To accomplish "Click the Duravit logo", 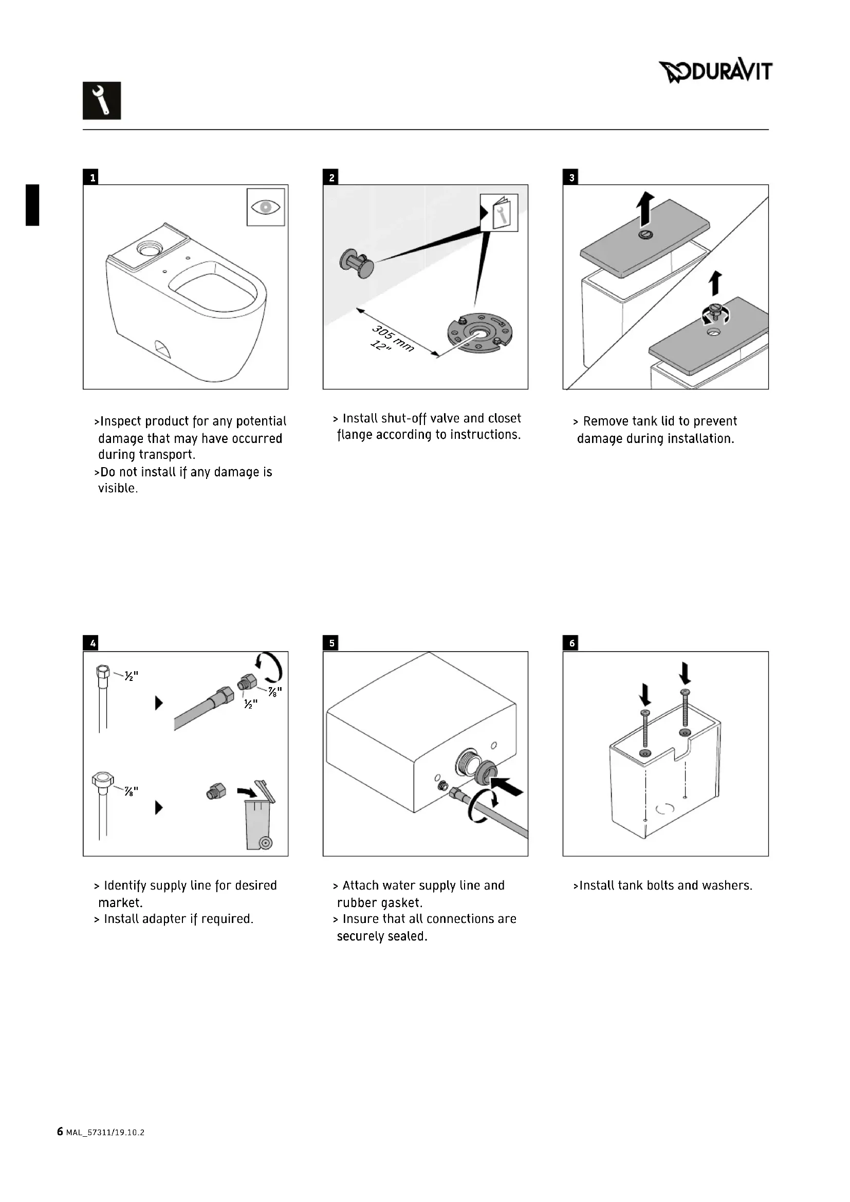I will tap(715, 72).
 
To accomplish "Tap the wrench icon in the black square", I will tap(102, 101).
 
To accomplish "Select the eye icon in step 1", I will tap(266, 207).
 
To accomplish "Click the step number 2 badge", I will tap(331, 177).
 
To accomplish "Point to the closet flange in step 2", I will tap(479, 333).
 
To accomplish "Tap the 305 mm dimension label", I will tap(393, 338).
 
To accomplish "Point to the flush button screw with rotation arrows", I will tap(715, 313).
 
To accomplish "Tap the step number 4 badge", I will tap(93, 643).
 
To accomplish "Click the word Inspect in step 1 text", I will tap(121, 421).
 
